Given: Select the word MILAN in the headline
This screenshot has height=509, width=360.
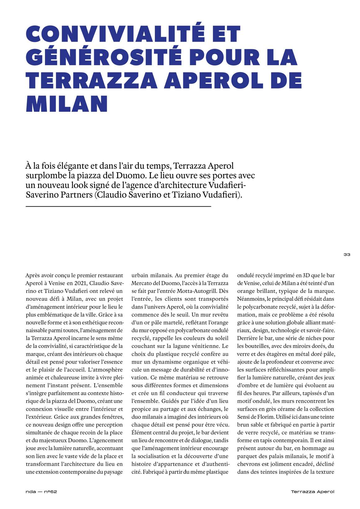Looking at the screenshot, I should pos(67,104).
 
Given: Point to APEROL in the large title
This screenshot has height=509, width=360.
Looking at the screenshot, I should pos(211,80).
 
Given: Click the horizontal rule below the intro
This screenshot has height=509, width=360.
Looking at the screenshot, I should pos(118,206).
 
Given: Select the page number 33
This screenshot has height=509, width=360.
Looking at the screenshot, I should pos(347,255).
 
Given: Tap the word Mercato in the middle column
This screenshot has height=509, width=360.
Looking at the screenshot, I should pos(142,283).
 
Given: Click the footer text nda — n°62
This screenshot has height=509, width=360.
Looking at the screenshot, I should pos(41,492).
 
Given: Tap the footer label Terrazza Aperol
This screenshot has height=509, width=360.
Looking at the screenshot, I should pos(313,492).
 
